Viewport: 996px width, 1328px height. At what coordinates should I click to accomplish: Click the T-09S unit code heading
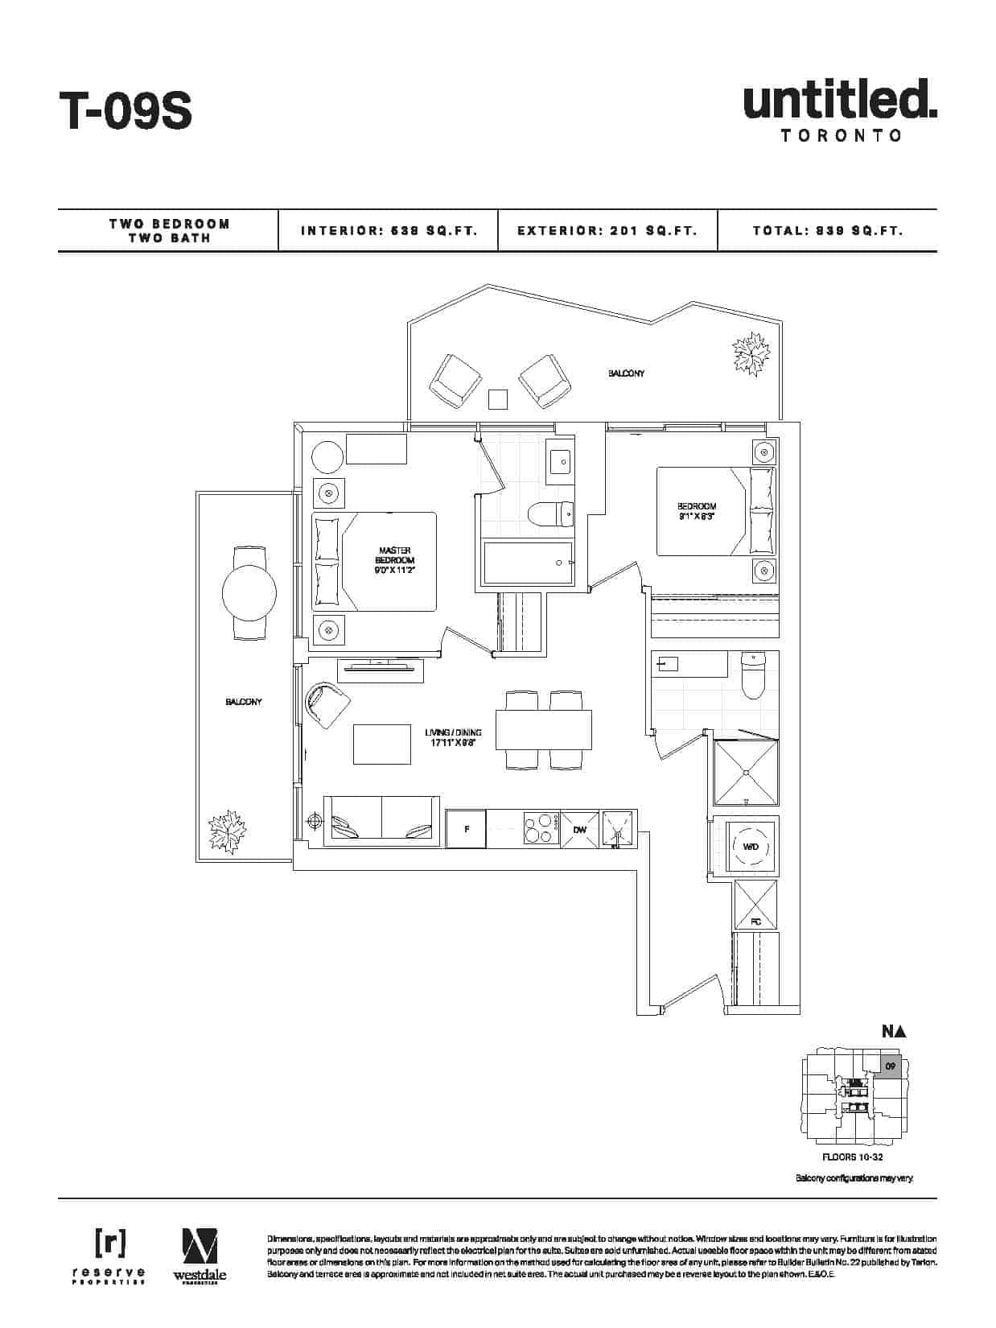(x=125, y=111)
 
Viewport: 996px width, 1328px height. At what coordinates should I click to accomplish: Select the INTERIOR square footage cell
(x=389, y=231)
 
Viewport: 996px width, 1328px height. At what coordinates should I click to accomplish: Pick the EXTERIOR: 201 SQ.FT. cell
(x=607, y=231)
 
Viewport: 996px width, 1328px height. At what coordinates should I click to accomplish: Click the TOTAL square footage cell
(x=828, y=231)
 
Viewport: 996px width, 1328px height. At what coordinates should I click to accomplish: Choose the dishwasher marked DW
(x=579, y=830)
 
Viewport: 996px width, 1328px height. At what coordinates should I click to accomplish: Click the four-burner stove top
(x=541, y=829)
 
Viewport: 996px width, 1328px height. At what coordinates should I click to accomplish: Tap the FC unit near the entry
(x=755, y=905)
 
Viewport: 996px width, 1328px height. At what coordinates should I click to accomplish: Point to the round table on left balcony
(x=249, y=593)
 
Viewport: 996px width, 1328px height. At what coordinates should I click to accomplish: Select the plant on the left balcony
(x=227, y=830)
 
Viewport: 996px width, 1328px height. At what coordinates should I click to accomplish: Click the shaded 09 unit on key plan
(x=891, y=1066)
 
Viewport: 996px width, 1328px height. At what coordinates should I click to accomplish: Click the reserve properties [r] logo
(x=110, y=1243)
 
